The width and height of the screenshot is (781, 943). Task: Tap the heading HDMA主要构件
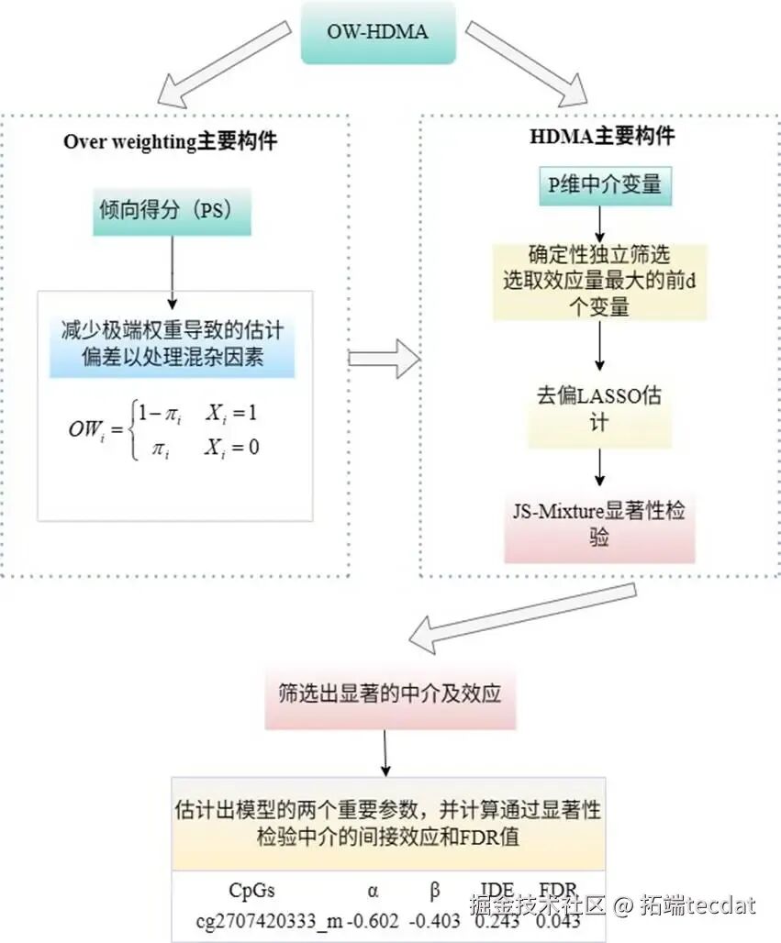click(x=602, y=137)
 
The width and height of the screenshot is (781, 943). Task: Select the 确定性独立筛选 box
click(x=599, y=281)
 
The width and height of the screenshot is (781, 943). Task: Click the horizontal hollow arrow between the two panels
click(x=384, y=357)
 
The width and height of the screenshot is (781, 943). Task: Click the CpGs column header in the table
click(x=251, y=890)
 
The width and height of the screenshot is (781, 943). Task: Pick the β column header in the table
click(x=435, y=890)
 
